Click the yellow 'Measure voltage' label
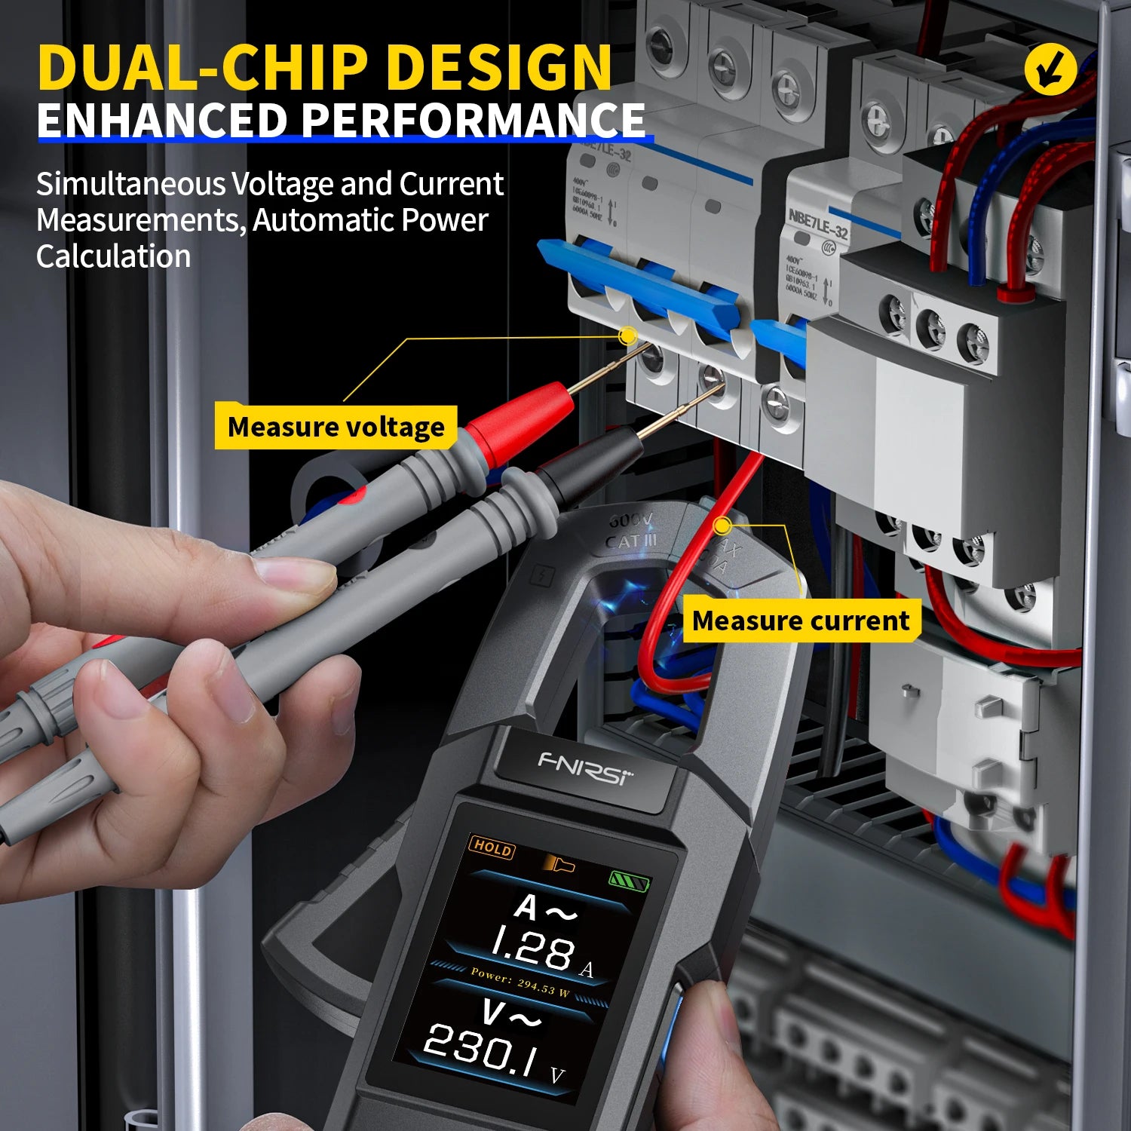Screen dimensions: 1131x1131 [x=336, y=427]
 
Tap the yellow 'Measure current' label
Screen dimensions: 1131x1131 [x=801, y=621]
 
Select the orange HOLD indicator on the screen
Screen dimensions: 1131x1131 [x=492, y=847]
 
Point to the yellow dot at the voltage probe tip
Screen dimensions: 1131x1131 [x=627, y=336]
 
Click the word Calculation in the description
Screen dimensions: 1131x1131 [x=113, y=256]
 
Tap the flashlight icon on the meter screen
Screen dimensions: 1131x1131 [x=559, y=863]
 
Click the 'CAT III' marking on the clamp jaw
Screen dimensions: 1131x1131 [x=631, y=541]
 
